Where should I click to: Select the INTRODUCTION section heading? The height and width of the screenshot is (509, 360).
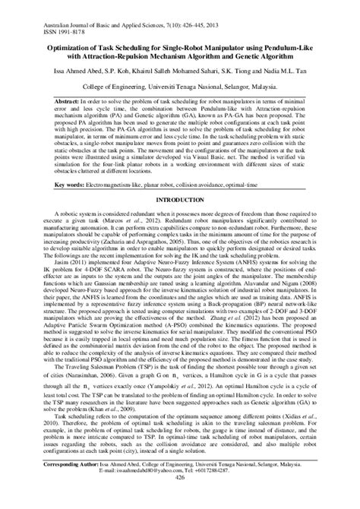coord(180,199)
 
